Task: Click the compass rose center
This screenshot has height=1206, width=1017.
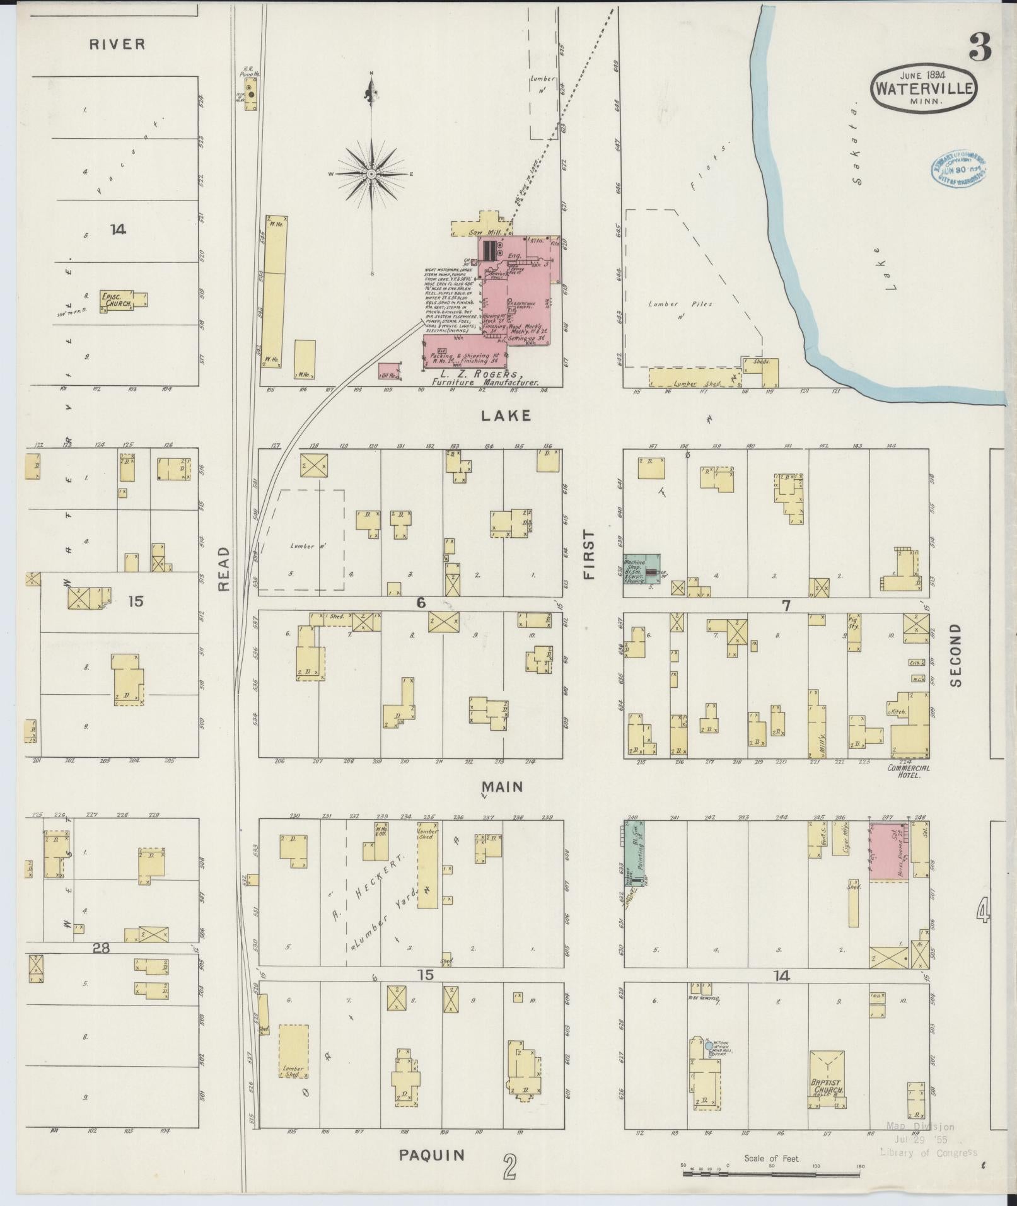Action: (x=372, y=173)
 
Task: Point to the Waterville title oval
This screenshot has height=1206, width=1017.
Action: (x=924, y=90)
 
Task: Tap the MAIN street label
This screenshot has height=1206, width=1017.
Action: (x=503, y=787)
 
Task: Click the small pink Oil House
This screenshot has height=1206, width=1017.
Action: (x=388, y=372)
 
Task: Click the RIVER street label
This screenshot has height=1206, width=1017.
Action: (x=117, y=44)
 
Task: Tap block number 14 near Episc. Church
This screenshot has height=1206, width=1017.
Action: (x=118, y=230)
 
